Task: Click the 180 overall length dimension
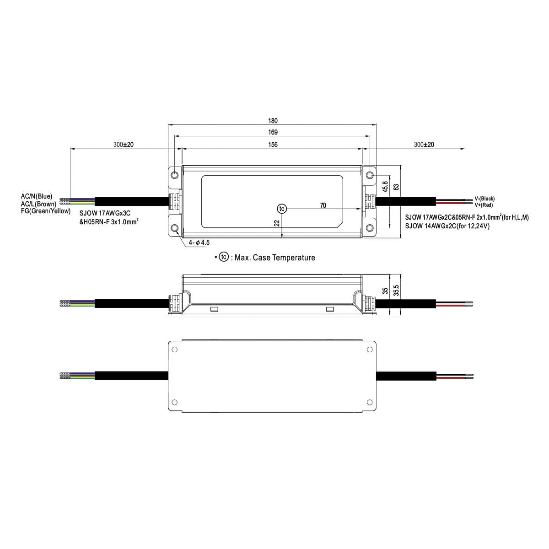point(273,121)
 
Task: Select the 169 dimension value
point(273,132)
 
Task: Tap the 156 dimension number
point(273,145)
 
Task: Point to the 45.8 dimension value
point(385,186)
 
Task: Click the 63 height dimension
point(396,187)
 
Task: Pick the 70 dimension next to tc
point(323,205)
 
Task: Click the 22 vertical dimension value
point(277,223)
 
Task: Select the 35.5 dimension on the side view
point(396,291)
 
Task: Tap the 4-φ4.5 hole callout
point(199,242)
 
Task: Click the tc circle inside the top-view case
point(282,209)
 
